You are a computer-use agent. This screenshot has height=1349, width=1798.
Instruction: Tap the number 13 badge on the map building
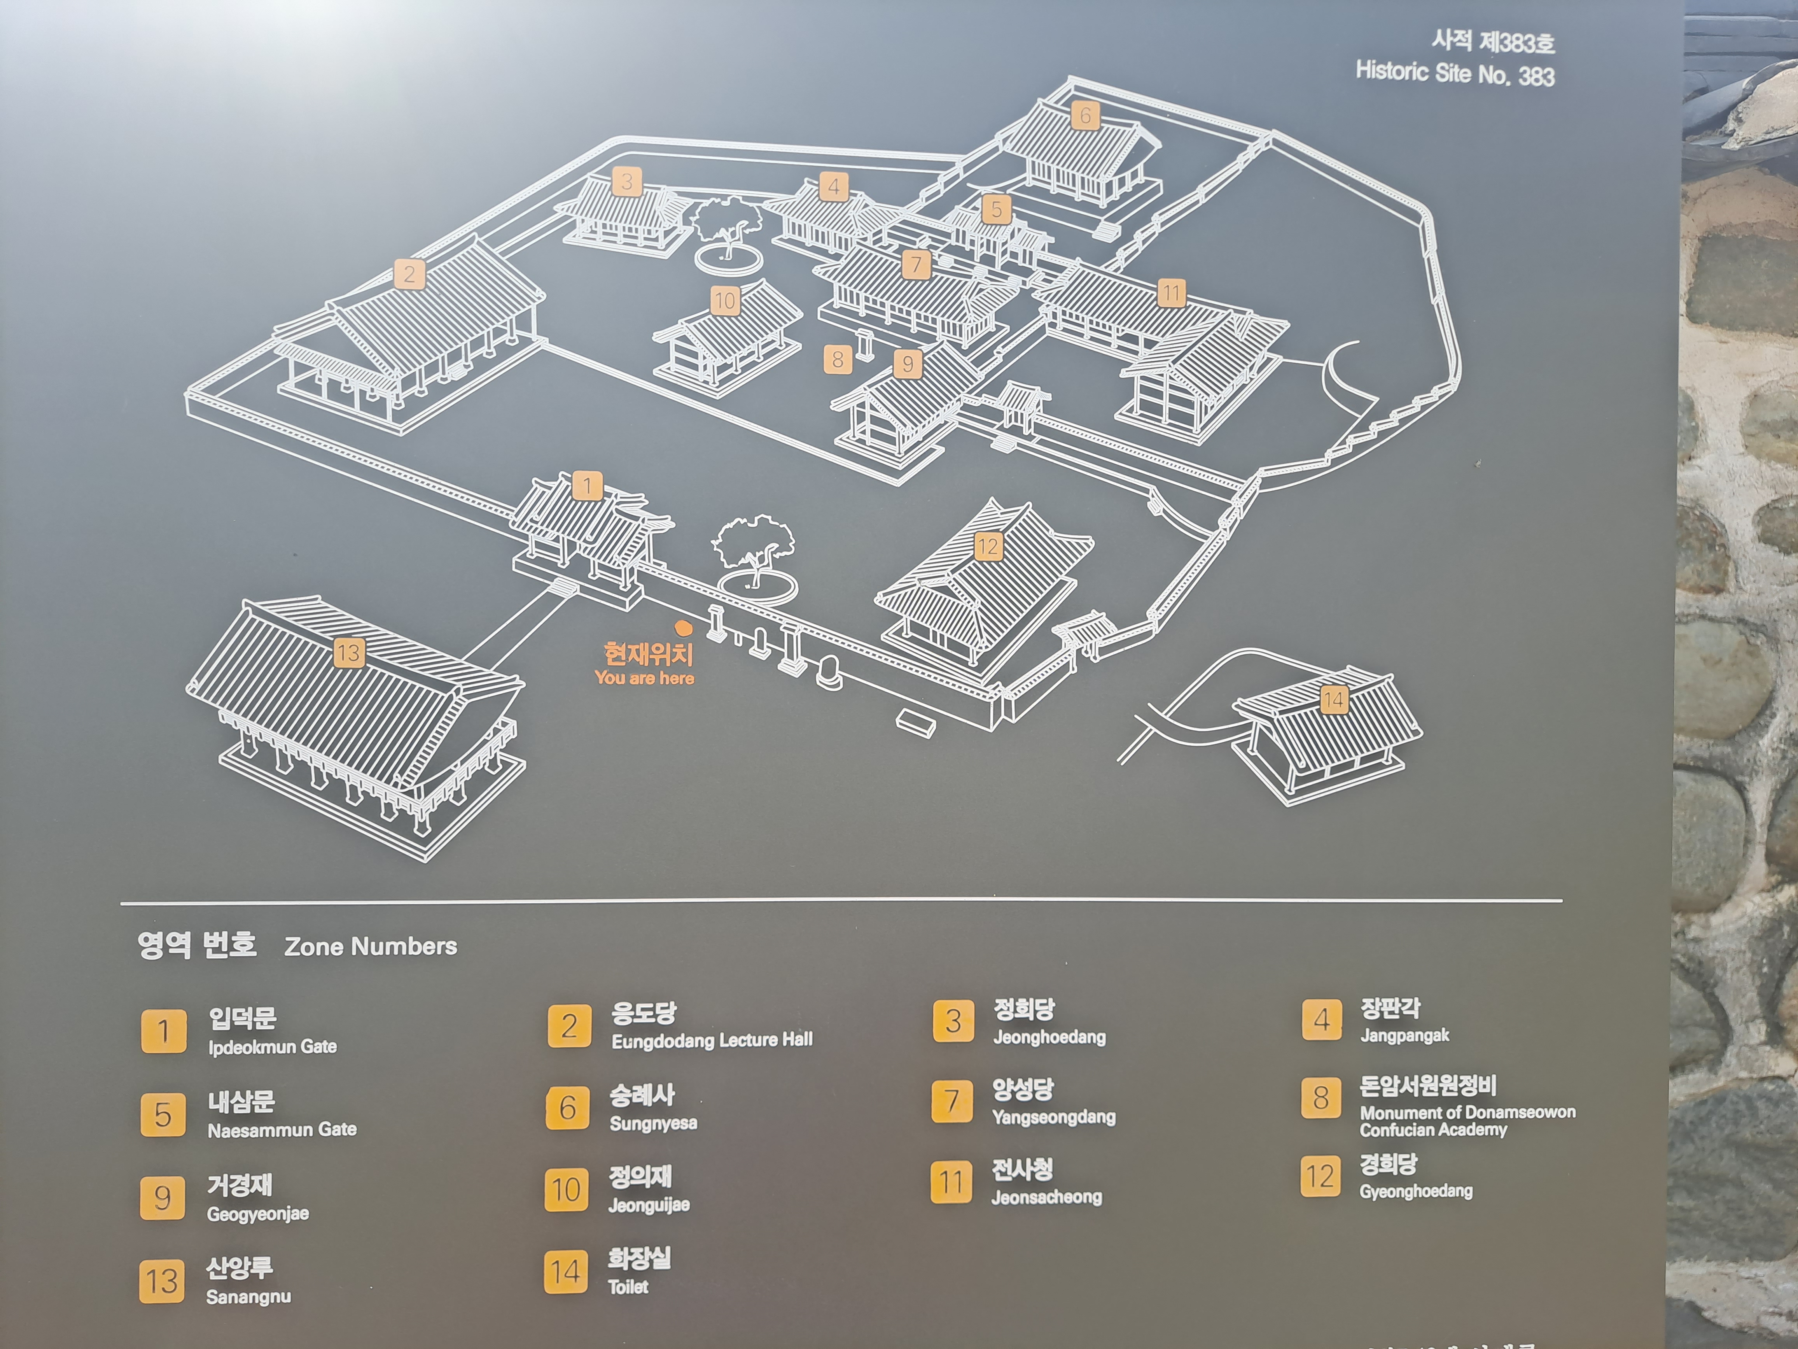349,652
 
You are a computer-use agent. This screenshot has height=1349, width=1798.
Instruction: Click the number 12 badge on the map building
988,547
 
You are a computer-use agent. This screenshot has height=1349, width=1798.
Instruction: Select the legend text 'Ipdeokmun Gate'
272,1046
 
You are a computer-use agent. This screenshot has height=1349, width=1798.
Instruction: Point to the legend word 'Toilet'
628,1286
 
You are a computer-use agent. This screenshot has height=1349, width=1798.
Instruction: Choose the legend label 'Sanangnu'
248,1296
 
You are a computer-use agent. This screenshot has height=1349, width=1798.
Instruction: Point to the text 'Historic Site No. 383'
1455,73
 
